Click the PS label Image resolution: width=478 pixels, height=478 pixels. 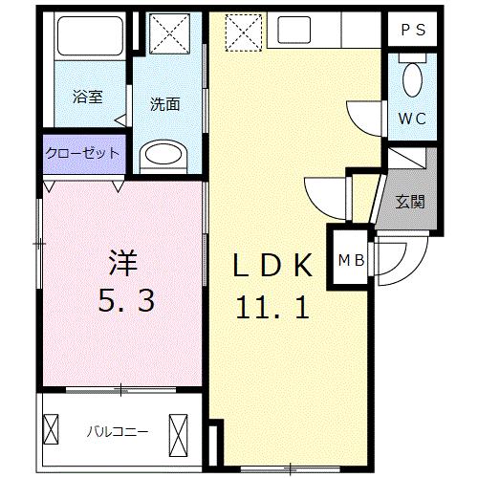[x=413, y=29]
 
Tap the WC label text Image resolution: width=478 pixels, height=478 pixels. [x=413, y=119]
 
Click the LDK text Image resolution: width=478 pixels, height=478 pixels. [x=273, y=265]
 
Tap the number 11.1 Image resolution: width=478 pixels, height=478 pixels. [x=272, y=308]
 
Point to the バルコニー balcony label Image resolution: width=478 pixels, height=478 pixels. [x=119, y=431]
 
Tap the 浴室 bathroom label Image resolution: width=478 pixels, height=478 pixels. [x=87, y=97]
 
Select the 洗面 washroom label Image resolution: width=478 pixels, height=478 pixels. [x=164, y=105]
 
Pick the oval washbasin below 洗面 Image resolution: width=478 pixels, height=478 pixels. [x=165, y=155]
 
